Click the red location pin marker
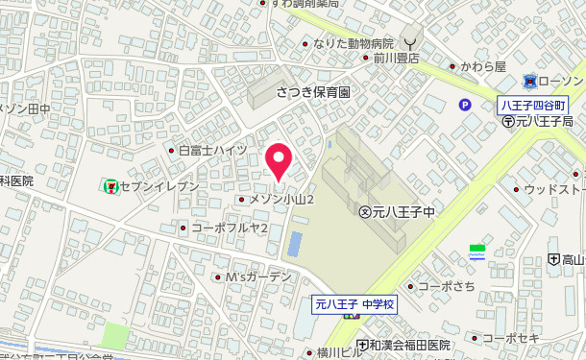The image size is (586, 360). coord(279,159)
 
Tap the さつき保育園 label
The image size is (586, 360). coord(313,92)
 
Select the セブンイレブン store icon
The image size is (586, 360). coord(111,184)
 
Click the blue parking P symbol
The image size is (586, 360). coord(465,107)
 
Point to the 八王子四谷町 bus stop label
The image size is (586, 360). coord(535,104)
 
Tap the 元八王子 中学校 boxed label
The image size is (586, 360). coord(355,304)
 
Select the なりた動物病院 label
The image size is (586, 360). coord(355,43)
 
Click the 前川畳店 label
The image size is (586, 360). coord(390,58)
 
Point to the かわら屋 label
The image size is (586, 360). coord(482,67)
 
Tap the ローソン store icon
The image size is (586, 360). coord(529,83)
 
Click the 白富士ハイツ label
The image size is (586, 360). coord(213,151)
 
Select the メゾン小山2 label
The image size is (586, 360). coord(282,199)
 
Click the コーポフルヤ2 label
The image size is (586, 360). coord(229,228)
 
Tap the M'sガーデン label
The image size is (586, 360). coord(258,276)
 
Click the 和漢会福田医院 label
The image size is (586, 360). coord(409,345)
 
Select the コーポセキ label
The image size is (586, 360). coord(510,338)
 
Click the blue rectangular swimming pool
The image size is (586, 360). coord(295,244)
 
